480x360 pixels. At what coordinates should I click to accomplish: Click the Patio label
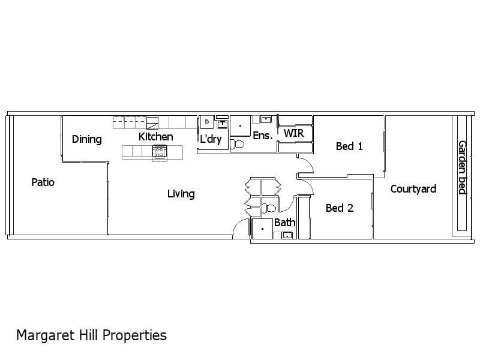(x=43, y=182)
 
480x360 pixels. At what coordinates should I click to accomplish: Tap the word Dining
(x=86, y=139)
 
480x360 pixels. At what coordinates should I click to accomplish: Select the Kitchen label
(x=155, y=137)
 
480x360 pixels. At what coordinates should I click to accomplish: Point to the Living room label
(x=181, y=193)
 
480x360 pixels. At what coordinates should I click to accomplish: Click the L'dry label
(x=211, y=139)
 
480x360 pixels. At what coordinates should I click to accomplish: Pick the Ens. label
(x=262, y=136)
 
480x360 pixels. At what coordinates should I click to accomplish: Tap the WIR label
(x=293, y=133)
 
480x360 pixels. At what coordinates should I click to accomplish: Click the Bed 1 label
(x=349, y=146)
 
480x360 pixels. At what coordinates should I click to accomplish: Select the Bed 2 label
(x=339, y=208)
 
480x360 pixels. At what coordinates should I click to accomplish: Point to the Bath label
(x=284, y=223)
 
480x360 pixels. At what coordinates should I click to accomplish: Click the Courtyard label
(x=413, y=189)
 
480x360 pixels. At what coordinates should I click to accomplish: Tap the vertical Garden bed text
(x=463, y=167)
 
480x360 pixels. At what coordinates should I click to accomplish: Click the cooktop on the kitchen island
(x=160, y=152)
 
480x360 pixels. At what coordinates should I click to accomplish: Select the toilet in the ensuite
(x=238, y=144)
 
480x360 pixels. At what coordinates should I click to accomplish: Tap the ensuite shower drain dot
(x=241, y=127)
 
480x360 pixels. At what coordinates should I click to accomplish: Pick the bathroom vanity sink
(x=287, y=235)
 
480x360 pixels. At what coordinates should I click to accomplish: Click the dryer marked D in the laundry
(x=207, y=121)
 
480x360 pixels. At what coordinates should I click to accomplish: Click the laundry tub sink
(x=222, y=123)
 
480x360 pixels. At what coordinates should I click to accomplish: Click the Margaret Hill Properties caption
(x=91, y=335)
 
